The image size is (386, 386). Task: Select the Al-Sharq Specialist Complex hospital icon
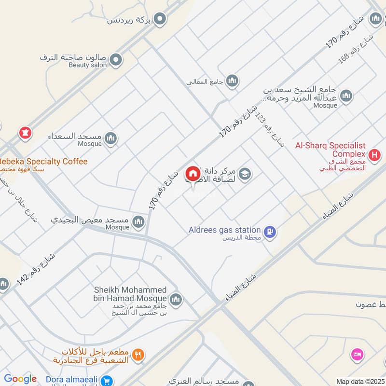(374, 155)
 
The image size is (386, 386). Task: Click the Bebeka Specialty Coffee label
(43, 162)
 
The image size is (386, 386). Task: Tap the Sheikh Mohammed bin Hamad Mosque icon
(176, 299)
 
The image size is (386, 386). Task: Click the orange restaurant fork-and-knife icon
(138, 356)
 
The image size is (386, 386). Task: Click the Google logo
(20, 379)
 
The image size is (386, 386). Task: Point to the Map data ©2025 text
(359, 381)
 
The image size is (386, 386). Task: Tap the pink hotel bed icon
(357, 354)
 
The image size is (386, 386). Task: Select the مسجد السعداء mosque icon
(111, 138)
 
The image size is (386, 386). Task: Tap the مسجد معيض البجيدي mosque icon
(139, 222)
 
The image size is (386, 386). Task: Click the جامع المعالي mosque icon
(233, 80)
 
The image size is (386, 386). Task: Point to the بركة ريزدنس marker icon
(161, 19)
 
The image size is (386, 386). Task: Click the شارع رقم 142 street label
(37, 269)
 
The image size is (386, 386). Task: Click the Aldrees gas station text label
(225, 230)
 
